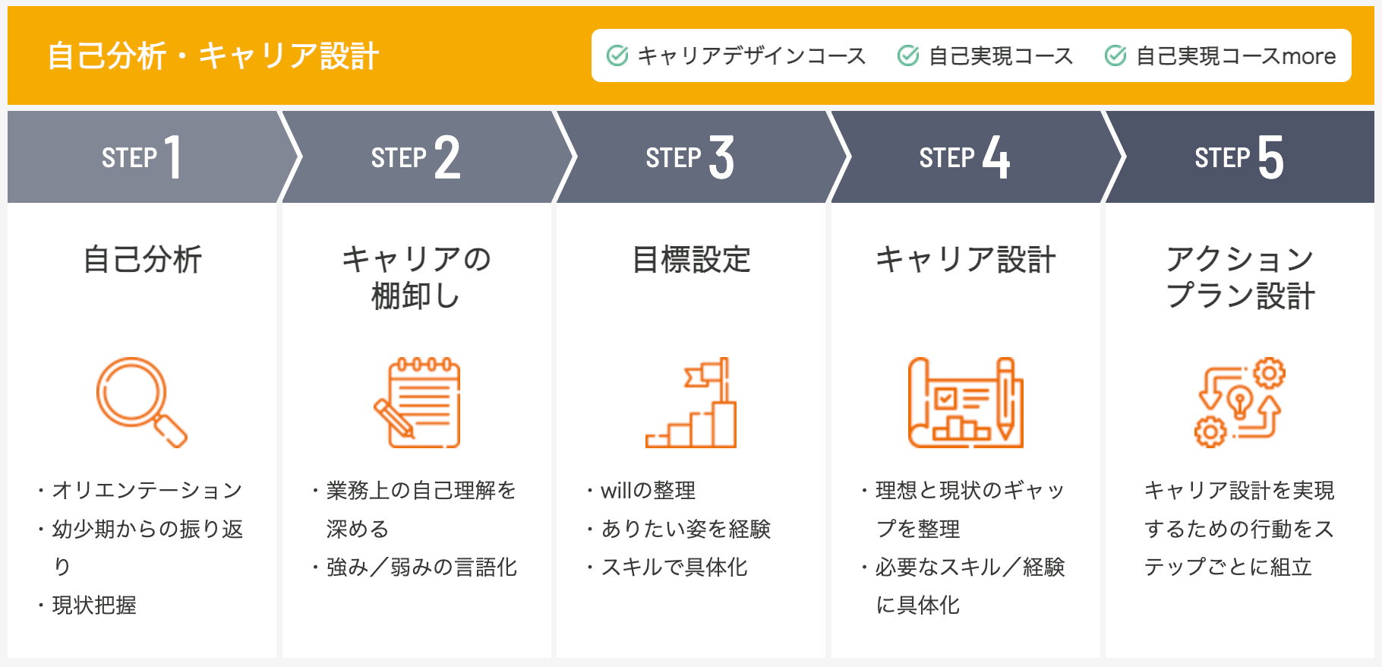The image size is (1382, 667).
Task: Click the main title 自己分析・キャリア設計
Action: click(x=213, y=56)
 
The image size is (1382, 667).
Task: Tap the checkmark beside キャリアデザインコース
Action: click(x=617, y=55)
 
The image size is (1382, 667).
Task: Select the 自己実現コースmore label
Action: click(x=1235, y=55)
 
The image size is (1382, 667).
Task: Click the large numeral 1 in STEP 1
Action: click(x=174, y=157)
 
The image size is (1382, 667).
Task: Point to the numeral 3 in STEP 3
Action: click(x=721, y=157)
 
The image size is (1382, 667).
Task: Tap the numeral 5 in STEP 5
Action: click(x=1270, y=157)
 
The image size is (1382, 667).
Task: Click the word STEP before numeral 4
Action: click(x=947, y=158)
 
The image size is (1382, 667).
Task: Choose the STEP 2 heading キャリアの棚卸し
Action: click(x=416, y=277)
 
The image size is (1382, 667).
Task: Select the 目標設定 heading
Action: click(x=691, y=260)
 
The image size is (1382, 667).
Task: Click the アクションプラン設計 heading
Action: click(x=1240, y=277)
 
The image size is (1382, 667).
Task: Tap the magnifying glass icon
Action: click(x=141, y=402)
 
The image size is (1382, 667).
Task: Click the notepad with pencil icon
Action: click(x=417, y=402)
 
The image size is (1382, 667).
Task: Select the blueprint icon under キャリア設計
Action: click(x=966, y=402)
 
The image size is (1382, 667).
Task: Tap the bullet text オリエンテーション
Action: click(x=147, y=490)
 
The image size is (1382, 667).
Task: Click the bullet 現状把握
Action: click(x=94, y=605)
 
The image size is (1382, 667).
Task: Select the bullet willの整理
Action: click(x=648, y=490)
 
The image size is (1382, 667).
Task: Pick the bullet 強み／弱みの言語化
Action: click(x=421, y=567)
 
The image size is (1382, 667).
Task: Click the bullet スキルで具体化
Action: click(x=674, y=567)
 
